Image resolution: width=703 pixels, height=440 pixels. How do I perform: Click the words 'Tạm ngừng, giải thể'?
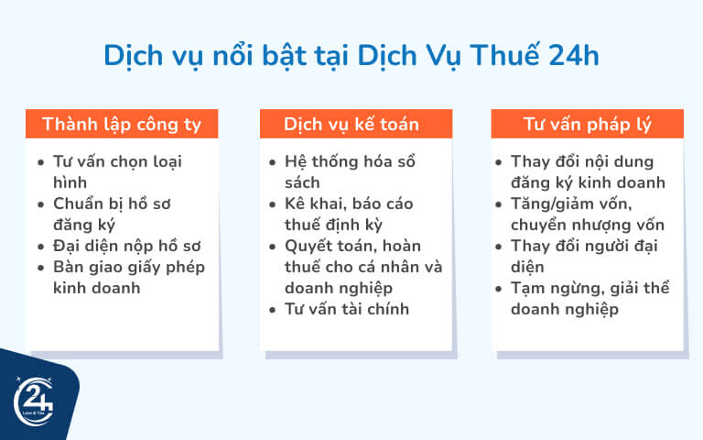coord(590,288)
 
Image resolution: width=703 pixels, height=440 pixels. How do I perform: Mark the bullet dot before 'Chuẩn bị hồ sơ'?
coord(40,204)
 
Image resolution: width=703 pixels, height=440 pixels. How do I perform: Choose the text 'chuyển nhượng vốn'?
coord(588,225)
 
